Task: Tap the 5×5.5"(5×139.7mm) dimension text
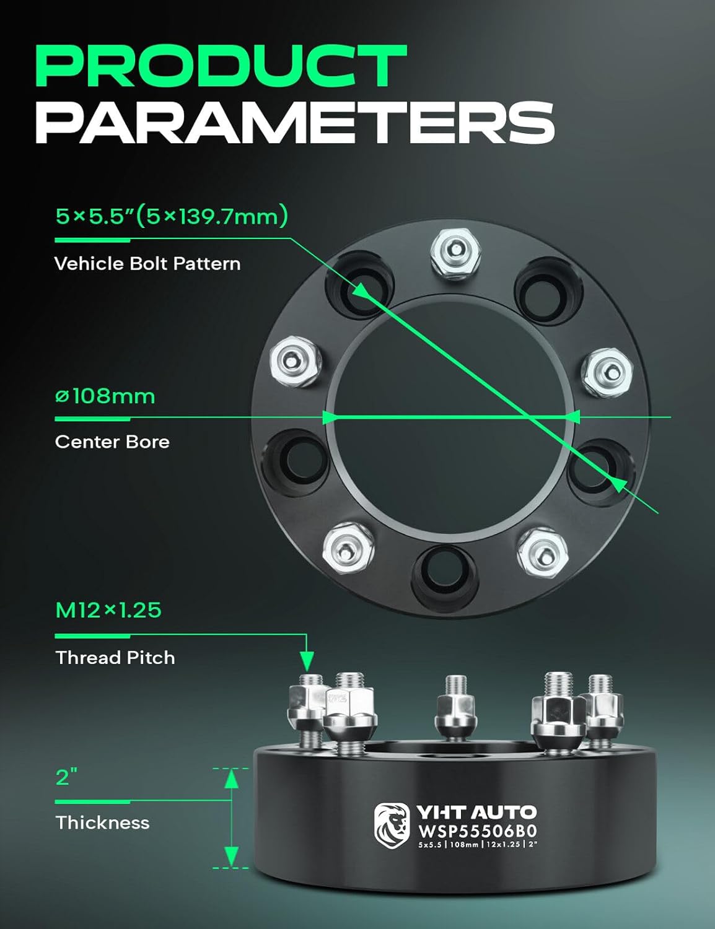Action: point(172,216)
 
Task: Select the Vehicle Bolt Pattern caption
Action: point(147,264)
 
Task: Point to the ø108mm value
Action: point(105,396)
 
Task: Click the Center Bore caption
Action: point(112,442)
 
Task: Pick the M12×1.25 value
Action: point(108,610)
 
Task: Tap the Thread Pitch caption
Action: point(115,657)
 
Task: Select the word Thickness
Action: point(102,822)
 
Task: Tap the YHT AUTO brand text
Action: point(476,812)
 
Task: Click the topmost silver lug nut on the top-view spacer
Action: point(455,254)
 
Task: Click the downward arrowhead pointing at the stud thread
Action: point(307,660)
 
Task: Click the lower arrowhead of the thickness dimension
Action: point(231,857)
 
